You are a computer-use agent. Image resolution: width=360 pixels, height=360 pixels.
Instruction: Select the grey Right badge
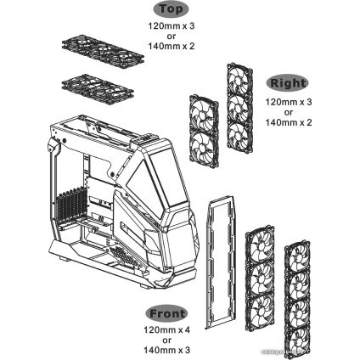pyautogui.click(x=287, y=83)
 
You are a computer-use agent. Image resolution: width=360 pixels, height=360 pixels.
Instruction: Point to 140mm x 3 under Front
pyautogui.click(x=166, y=351)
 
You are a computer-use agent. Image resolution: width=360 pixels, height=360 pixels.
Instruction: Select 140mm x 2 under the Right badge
pyautogui.click(x=288, y=121)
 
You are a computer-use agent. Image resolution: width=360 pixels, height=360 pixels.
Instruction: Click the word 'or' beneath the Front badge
pyautogui.click(x=166, y=340)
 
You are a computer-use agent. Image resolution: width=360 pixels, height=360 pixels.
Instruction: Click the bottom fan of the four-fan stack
pyautogui.click(x=299, y=333)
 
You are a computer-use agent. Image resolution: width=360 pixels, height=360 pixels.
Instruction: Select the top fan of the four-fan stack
pyautogui.click(x=299, y=259)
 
